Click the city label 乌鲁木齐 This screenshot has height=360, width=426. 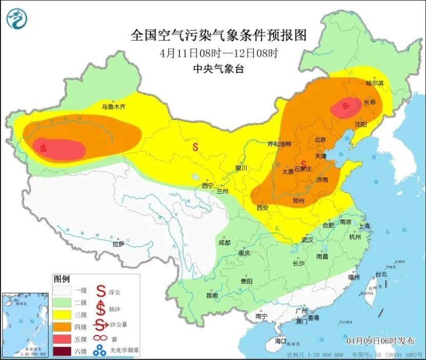tap(113, 107)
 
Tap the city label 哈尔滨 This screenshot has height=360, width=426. tap(375, 82)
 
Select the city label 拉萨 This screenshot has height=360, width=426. tap(118, 244)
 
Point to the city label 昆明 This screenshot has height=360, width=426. tap(212, 295)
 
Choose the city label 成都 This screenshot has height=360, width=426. tap(225, 242)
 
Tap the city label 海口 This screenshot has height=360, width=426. tap(280, 341)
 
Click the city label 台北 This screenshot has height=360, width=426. tap(381, 274)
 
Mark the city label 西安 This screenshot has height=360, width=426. tap(262, 207)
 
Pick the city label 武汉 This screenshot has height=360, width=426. tap(308, 240)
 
